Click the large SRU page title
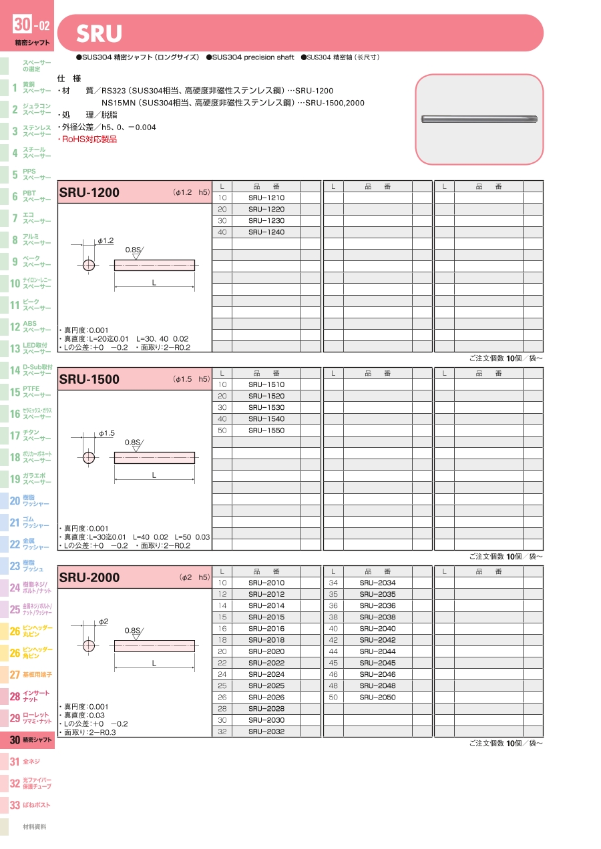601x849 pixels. coord(99,33)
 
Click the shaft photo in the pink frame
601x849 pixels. coord(479,119)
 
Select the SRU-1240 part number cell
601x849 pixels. coord(266,232)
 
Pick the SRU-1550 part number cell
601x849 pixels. coord(266,431)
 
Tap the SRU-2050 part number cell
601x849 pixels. coord(377,697)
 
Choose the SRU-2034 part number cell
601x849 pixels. coord(377,583)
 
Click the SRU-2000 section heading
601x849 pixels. coord(89,578)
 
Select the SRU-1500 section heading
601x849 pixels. coord(89,380)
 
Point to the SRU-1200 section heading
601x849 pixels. coord(89,193)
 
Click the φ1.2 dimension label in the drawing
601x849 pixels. coord(106,240)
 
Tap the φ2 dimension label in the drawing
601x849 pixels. coord(104,622)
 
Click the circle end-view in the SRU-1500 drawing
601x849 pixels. coord(89,458)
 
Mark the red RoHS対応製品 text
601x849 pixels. coord(89,139)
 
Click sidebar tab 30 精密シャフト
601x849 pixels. coord(30,740)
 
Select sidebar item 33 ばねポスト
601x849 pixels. coord(30,805)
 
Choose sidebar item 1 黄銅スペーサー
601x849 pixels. coord(30,87)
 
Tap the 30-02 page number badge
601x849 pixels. coord(31,26)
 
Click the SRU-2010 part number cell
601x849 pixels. coord(266,583)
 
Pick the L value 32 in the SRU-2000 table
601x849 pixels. coord(222,732)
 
